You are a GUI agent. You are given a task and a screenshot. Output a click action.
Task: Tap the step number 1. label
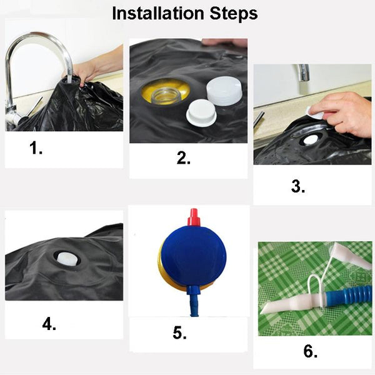pos(36,148)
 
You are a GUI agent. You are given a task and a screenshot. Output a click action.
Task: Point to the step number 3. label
pos(298,186)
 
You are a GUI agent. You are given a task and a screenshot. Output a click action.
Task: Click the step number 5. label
pos(179,333)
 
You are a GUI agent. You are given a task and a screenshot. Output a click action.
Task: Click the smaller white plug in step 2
pos(199,112)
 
